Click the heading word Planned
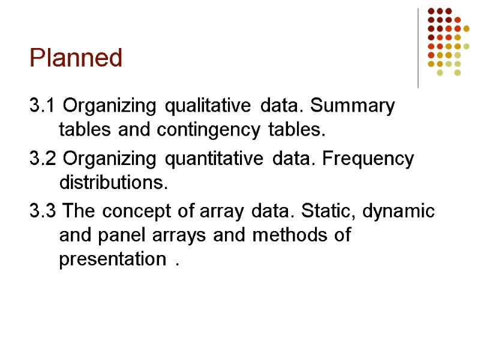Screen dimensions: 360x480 pos(76,58)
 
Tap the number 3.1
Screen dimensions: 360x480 pos(43,107)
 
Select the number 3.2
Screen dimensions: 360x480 pos(43,159)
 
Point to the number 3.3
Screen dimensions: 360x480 pos(43,211)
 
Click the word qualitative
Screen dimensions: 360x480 pos(208,107)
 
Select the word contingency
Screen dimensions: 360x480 pos(206,129)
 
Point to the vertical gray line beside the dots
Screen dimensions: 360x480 pos(418,48)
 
